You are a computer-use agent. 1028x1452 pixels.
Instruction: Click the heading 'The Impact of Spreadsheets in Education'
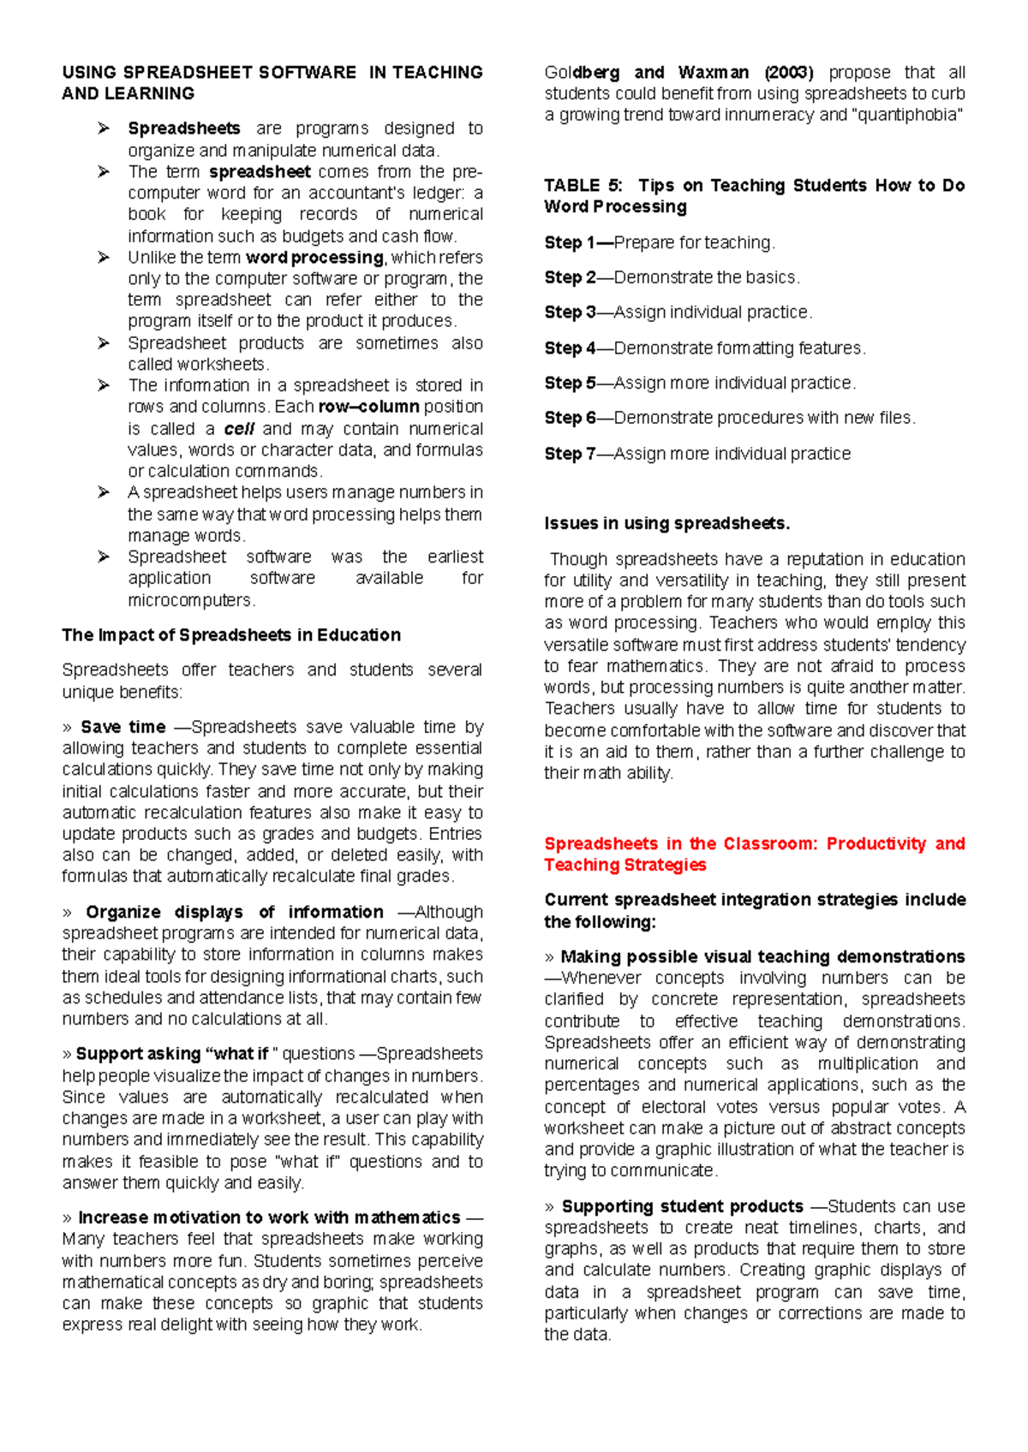pos(231,635)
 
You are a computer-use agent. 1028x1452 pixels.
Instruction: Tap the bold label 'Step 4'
pos(570,348)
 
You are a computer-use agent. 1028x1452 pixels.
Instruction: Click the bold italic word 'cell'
pos(239,429)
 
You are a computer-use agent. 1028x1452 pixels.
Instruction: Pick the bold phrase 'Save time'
pos(123,727)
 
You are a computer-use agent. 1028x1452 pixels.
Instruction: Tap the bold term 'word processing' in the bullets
pos(314,258)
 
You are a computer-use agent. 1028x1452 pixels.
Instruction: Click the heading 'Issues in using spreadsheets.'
pos(666,523)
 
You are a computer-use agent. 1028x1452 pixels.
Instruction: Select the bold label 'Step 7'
pos(570,454)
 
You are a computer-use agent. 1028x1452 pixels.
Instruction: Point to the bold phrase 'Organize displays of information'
pos(234,912)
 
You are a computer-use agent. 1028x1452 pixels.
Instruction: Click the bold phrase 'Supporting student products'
pos(682,1206)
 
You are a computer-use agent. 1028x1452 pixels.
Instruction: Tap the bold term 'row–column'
pos(368,407)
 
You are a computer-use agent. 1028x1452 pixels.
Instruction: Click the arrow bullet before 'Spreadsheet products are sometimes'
pos(104,343)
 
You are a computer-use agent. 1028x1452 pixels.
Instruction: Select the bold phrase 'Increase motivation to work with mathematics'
pos(269,1217)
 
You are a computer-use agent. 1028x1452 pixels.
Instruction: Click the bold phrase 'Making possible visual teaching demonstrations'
pos(762,956)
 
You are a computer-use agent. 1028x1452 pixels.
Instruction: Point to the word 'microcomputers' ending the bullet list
pos(191,600)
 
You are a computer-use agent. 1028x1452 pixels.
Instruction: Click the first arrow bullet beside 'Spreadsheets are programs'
pos(104,128)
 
